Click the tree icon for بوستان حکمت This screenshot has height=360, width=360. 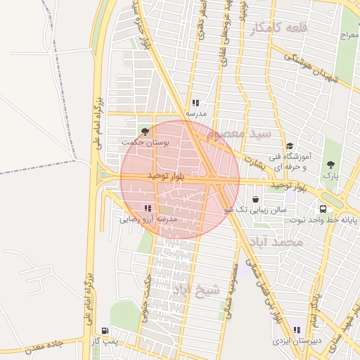(x=146, y=131)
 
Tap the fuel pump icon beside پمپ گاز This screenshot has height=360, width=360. (x=105, y=330)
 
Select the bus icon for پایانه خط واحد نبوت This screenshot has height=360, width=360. (x=323, y=209)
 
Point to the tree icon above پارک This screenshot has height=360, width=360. (x=330, y=165)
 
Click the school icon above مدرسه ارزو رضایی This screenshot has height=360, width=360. (x=148, y=208)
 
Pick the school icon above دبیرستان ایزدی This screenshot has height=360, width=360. (x=296, y=329)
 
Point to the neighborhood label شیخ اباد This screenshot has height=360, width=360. (x=200, y=290)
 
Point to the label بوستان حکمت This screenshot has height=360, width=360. (x=146, y=142)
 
